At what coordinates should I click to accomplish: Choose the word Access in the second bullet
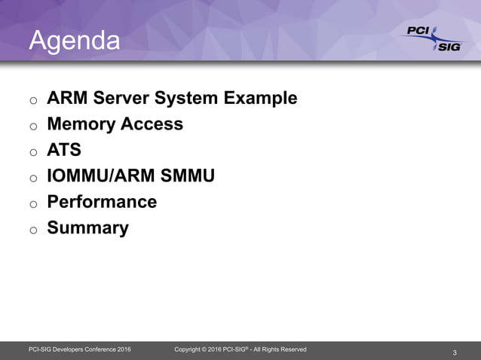coord(155,124)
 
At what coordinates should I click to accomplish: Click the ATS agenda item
coord(64,150)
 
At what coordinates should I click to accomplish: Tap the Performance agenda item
coord(102,202)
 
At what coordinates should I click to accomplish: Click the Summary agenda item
coord(87,227)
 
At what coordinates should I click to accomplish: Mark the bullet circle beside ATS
coord(33,152)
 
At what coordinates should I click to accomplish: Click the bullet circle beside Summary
coord(33,230)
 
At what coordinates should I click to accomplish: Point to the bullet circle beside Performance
coord(33,204)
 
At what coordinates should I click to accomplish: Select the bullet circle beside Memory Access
coord(33,127)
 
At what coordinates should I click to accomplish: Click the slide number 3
coord(455,352)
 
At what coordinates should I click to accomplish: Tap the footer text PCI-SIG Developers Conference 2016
coord(79,349)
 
